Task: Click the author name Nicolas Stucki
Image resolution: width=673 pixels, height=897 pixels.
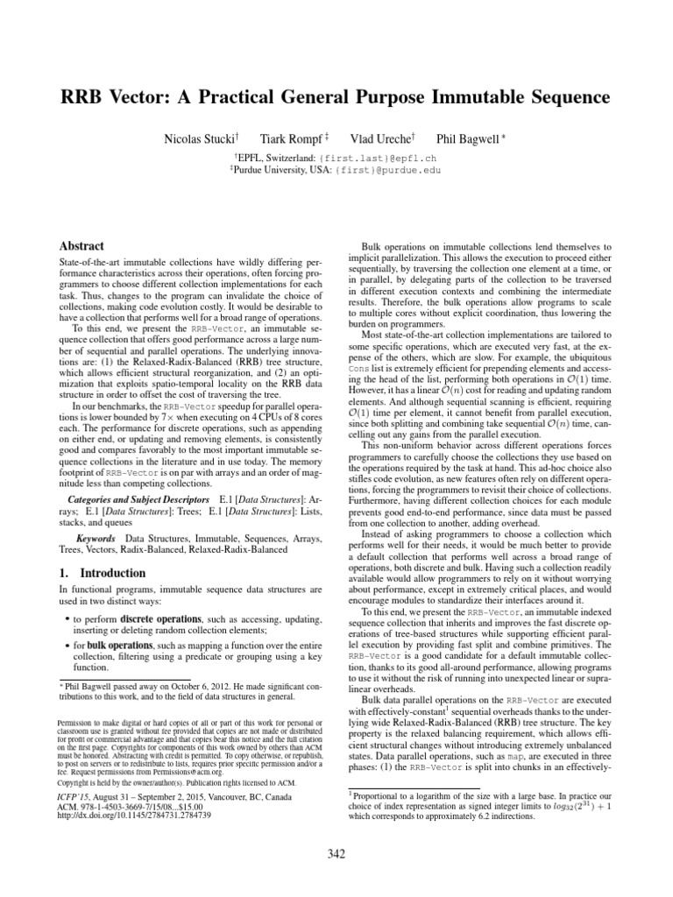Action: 198,139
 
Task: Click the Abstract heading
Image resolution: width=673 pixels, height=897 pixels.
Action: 80,246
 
